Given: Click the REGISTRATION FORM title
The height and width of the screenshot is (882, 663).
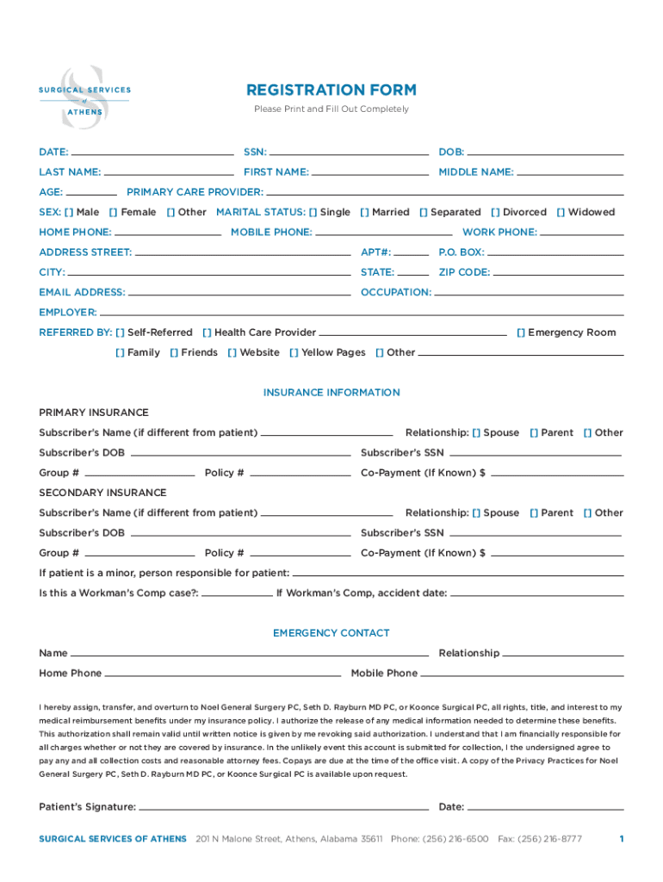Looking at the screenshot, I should (331, 90).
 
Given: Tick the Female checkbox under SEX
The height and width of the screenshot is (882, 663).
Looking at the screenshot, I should (114, 212).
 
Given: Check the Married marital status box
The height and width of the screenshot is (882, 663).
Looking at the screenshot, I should (364, 212).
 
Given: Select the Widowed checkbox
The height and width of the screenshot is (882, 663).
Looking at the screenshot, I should (561, 212).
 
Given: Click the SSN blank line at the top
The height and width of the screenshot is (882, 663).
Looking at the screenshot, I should (349, 152).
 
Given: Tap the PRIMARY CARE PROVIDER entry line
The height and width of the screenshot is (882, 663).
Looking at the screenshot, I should (443, 192).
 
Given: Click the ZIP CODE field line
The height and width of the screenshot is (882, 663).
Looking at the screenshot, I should (559, 272).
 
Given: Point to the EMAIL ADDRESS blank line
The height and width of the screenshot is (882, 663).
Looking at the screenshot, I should (239, 293).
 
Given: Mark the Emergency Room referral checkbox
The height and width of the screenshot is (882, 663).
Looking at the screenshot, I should (521, 332).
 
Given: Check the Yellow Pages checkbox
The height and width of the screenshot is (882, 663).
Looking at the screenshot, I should (294, 352).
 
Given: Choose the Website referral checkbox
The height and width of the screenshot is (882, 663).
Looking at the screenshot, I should (232, 352).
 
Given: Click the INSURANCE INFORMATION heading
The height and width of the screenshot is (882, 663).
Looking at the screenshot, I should (331, 393).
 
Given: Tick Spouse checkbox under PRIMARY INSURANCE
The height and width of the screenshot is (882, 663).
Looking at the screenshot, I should (476, 432).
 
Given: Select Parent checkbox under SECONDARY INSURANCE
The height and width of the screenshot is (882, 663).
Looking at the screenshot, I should (534, 512).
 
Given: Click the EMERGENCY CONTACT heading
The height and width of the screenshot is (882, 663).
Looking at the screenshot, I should (331, 633).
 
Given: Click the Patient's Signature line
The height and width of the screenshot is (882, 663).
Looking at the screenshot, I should (283, 808).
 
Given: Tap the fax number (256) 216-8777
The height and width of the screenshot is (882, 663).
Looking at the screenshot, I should (539, 839).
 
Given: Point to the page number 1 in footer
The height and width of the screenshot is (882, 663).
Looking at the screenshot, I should (621, 839).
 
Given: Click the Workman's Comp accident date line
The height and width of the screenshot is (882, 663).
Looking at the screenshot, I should (536, 593).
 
